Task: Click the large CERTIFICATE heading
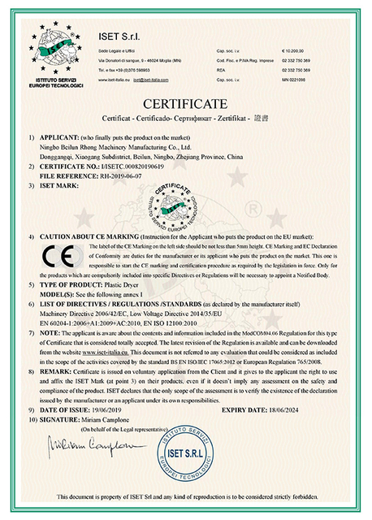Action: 185,105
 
